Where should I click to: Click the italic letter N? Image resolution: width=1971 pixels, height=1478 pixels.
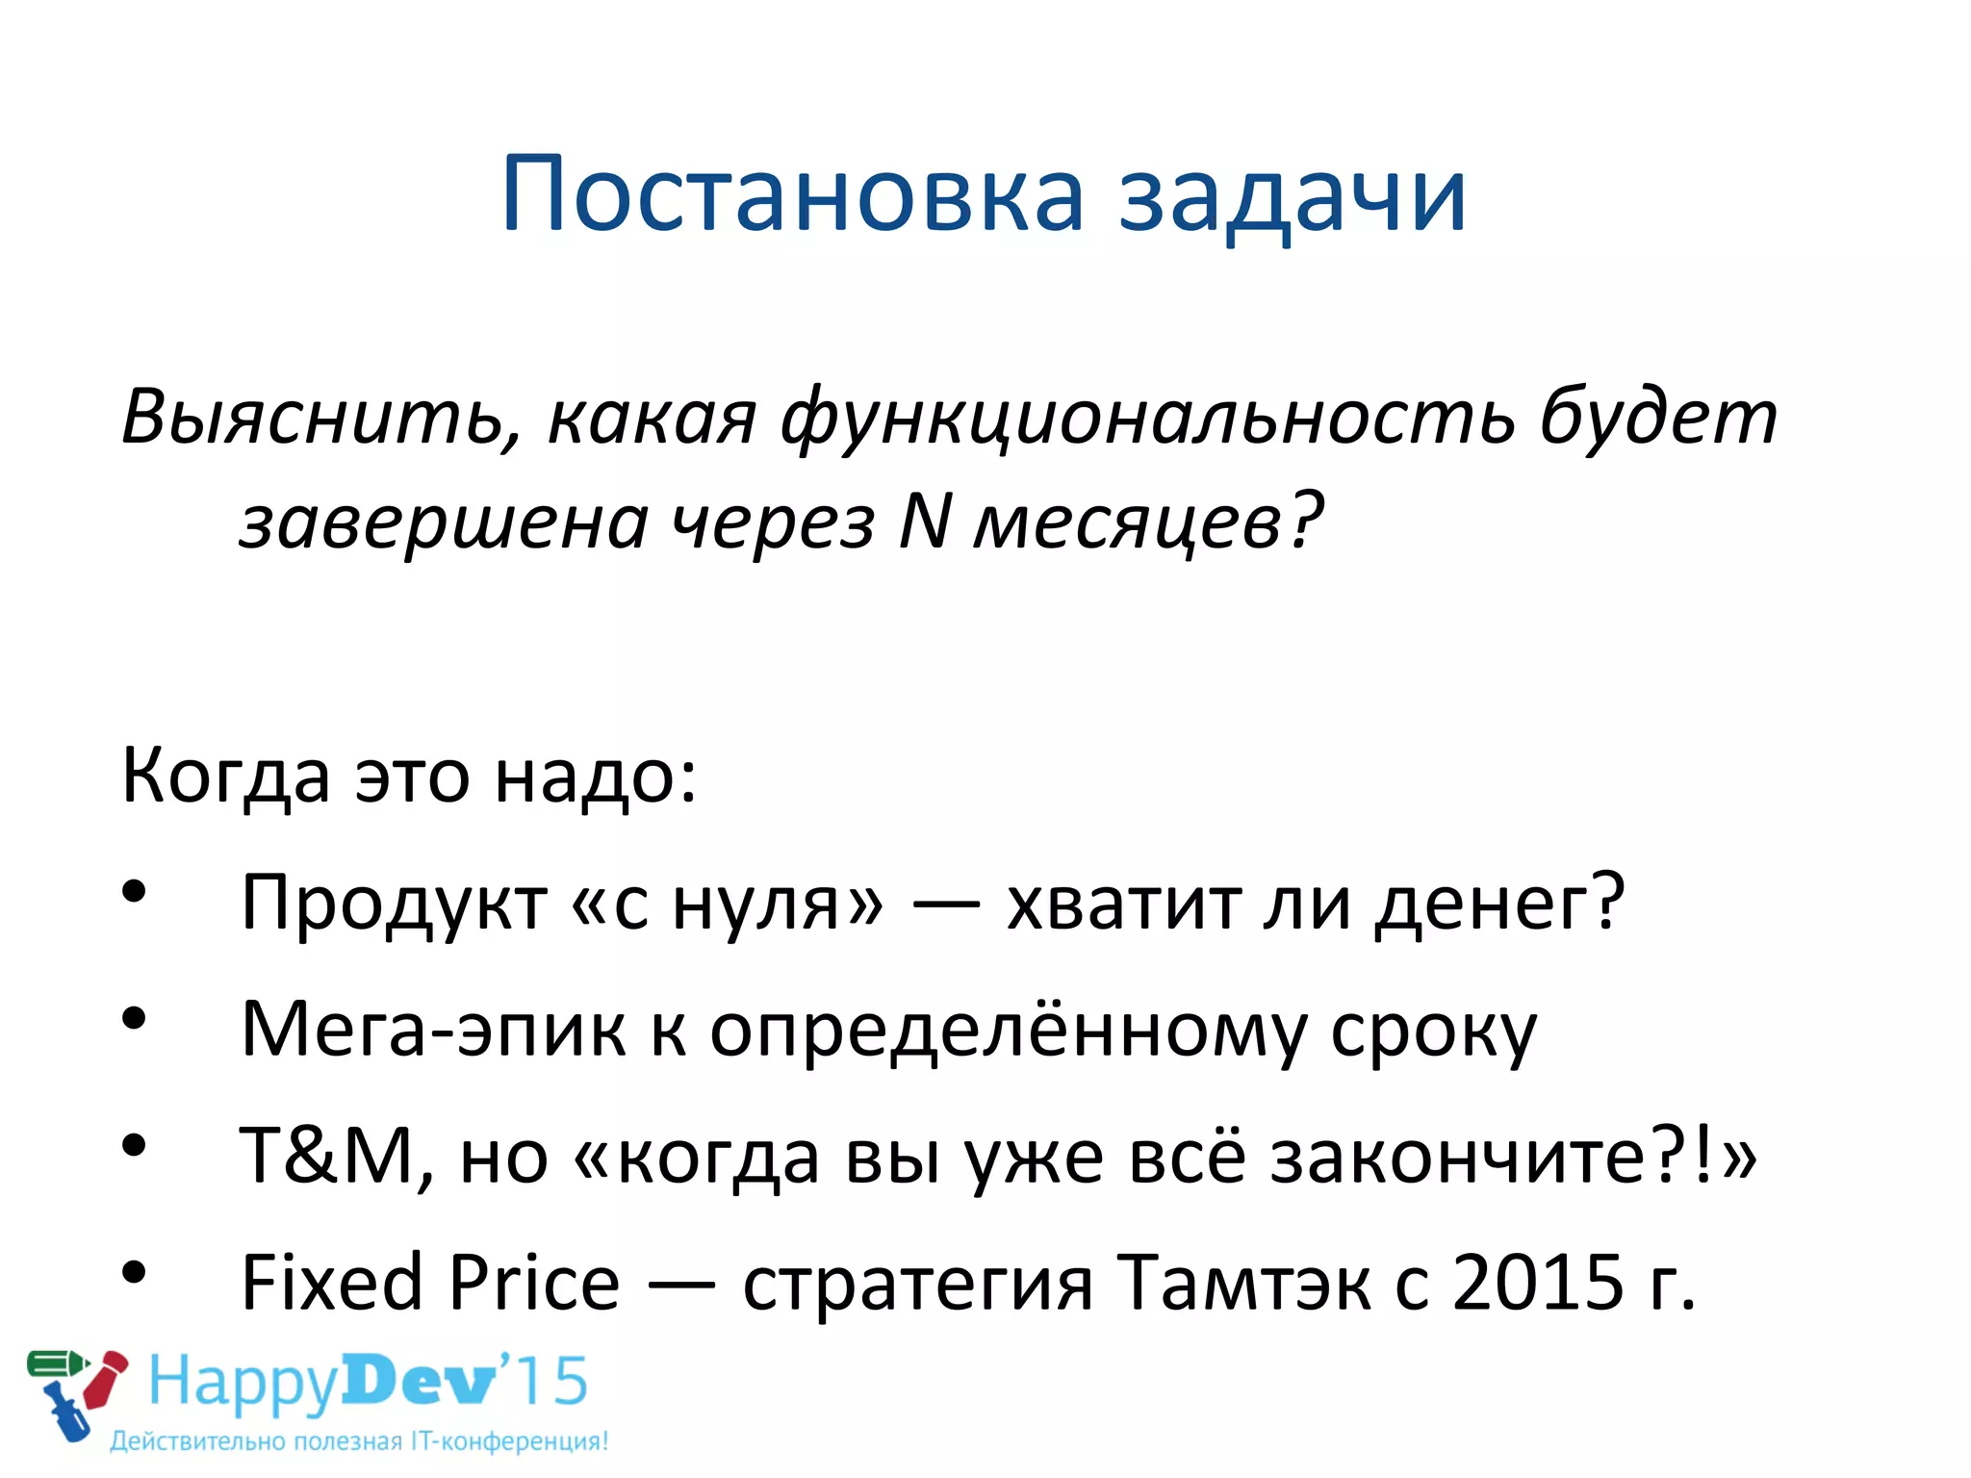[925, 522]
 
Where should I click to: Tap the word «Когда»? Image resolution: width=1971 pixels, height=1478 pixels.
[226, 776]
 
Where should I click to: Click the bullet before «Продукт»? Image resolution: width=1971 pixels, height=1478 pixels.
[134, 891]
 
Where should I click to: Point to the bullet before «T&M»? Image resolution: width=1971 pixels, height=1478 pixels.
[134, 1145]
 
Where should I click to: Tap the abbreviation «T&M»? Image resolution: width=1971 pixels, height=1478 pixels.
[327, 1155]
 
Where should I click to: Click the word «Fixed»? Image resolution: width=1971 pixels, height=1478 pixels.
[332, 1283]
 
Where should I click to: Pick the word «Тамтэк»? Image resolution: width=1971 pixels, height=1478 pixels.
[1243, 1283]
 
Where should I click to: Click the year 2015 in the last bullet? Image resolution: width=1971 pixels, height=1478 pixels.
[1538, 1283]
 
